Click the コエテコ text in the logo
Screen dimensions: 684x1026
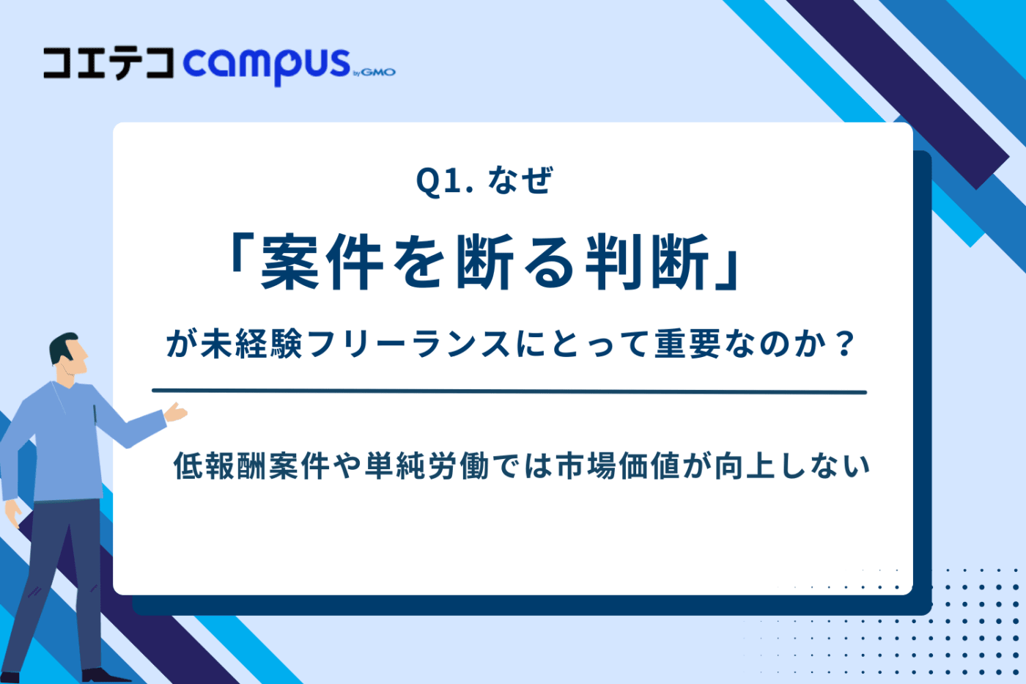pos(108,63)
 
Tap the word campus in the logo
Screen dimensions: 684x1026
pos(267,65)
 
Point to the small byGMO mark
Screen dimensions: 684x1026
pos(374,72)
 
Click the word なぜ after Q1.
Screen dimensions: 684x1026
pos(520,181)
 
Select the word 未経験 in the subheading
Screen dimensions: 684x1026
pos(235,344)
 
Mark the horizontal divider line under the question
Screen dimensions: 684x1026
pos(509,391)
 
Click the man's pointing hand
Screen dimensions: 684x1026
pos(176,413)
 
